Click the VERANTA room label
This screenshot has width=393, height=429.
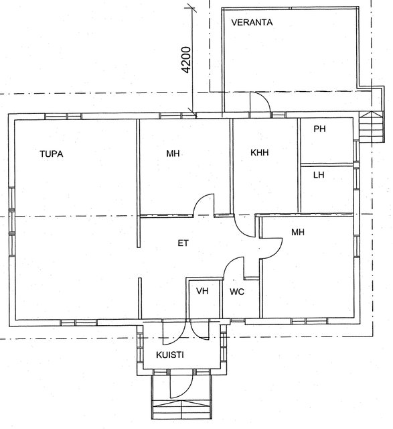[252, 22]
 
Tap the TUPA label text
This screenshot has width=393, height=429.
[52, 154]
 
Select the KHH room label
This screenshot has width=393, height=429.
[259, 152]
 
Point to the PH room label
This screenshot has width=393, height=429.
[319, 129]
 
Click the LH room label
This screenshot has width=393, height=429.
[319, 174]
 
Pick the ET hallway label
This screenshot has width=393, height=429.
[183, 243]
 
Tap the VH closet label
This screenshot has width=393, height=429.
[202, 291]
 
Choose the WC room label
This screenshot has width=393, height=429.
[237, 292]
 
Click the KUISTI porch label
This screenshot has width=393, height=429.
[169, 355]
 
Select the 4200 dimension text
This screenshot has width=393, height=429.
[186, 60]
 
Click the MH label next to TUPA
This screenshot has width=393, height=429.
[173, 154]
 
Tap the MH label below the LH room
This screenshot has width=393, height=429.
[298, 233]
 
